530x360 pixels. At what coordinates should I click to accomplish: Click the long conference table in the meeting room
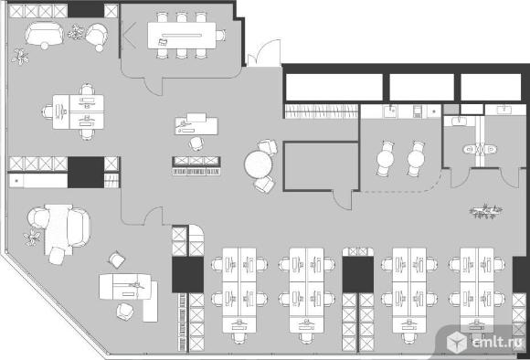click(x=182, y=36)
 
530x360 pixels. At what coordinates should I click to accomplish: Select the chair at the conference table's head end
click(x=221, y=35)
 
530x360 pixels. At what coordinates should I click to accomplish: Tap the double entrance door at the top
click(x=264, y=53)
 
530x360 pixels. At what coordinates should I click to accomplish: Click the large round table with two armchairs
click(x=259, y=164)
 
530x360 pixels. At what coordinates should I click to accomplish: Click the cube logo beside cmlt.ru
click(x=457, y=342)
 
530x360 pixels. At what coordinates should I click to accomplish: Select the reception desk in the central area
click(x=196, y=124)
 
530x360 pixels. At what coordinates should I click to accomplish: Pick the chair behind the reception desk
click(x=196, y=143)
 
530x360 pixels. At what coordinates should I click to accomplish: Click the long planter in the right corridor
click(x=485, y=212)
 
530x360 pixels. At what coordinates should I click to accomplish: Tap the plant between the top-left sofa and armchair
click(x=76, y=33)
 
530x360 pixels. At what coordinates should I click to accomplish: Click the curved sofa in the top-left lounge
click(x=44, y=34)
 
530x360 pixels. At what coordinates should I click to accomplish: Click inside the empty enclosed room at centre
click(x=321, y=166)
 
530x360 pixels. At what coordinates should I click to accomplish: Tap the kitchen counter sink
click(x=391, y=111)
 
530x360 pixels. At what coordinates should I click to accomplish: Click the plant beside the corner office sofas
click(x=32, y=238)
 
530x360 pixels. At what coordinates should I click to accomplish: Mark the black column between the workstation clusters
click(x=358, y=274)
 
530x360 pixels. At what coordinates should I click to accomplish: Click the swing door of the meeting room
click(x=154, y=87)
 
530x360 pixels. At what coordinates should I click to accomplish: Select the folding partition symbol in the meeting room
click(x=129, y=35)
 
